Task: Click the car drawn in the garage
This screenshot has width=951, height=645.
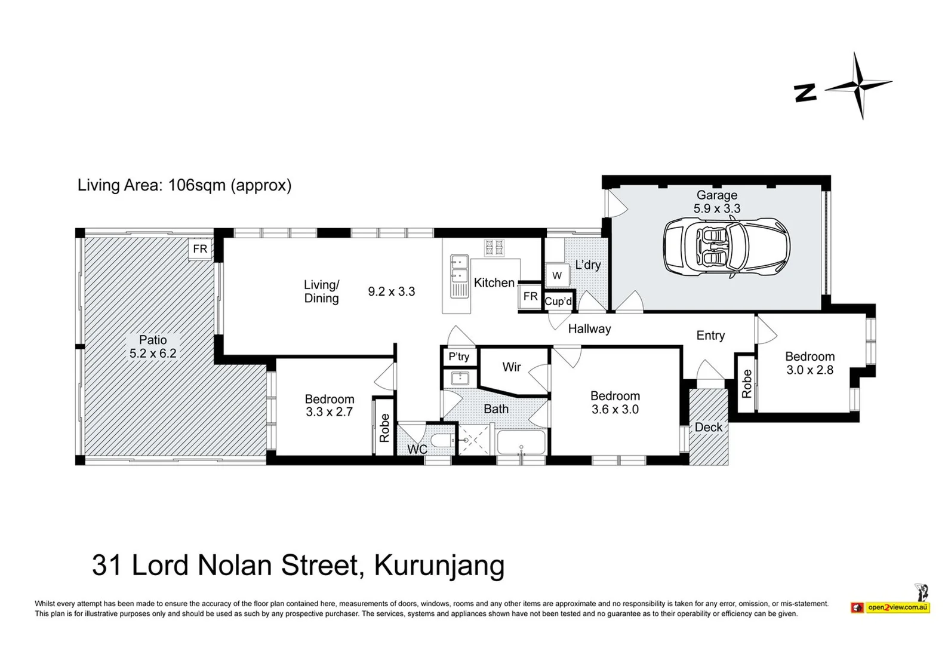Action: coord(727,247)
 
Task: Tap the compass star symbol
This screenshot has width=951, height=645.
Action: coord(859,85)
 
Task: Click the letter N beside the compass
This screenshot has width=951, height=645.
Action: coord(805,93)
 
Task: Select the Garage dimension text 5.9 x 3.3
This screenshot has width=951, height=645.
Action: coord(716,208)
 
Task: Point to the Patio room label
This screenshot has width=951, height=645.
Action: coord(153,340)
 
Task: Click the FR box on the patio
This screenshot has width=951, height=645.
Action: coord(200,248)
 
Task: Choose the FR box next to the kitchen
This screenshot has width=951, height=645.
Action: coord(530,296)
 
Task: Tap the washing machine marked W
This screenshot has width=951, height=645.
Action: coord(557,275)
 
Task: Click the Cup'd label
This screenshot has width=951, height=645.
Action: coord(558,302)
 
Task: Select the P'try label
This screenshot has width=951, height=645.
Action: coord(458,357)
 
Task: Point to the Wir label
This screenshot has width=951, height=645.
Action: coord(512,367)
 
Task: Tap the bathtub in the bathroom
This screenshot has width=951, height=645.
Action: coord(521,443)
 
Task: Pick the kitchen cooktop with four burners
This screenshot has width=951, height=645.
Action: coord(494,247)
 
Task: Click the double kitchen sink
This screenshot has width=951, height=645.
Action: coord(459,269)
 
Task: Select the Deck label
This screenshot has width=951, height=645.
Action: coord(709,427)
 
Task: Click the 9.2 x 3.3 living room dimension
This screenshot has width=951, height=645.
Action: coord(391,291)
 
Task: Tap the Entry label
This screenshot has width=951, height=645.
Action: coord(710,336)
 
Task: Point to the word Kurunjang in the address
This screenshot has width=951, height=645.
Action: coord(439,565)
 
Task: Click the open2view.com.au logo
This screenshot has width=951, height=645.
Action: coord(897,607)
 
